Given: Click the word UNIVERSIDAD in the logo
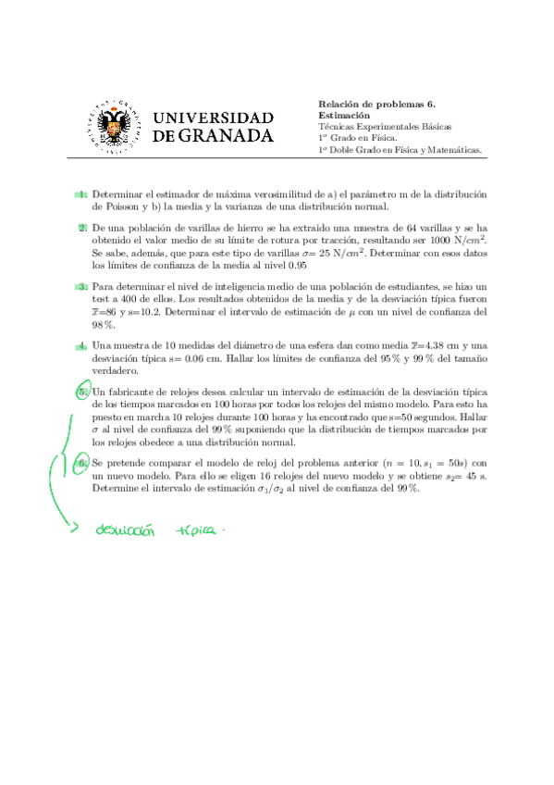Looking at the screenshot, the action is coord(212,118).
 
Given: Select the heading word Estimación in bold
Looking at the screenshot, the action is coord(344,116).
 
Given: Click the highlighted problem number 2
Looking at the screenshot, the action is coord(82,227).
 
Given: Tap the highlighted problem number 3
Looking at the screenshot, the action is coord(82,288).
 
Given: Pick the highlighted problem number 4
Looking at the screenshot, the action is coord(82,345).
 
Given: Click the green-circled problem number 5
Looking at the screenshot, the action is coord(82,392).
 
